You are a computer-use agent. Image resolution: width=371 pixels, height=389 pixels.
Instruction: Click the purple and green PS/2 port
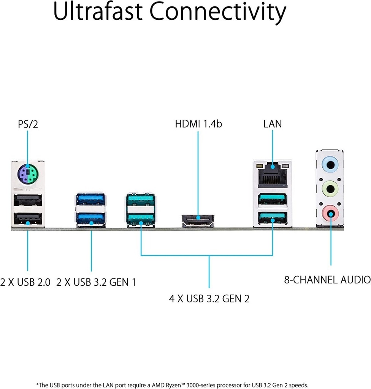(x=28, y=174)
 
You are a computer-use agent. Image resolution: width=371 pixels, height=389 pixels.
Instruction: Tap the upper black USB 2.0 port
(x=28, y=201)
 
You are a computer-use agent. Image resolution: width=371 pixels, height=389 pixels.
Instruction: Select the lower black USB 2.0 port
(x=28, y=219)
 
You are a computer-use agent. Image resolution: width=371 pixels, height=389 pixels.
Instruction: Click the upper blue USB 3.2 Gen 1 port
(x=90, y=199)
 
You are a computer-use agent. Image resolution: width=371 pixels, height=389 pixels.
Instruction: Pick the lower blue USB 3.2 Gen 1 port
(x=90, y=219)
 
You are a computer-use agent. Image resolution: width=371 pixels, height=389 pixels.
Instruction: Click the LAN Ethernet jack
(x=273, y=175)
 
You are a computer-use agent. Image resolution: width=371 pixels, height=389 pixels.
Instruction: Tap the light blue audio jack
(x=330, y=164)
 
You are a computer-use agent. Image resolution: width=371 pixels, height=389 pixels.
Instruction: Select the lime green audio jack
(x=330, y=189)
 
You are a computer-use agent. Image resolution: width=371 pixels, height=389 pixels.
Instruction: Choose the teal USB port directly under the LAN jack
(x=273, y=199)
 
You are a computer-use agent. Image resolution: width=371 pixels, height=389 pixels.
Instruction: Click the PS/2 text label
(x=28, y=124)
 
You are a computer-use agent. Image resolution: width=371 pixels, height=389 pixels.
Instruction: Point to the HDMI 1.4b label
(x=198, y=124)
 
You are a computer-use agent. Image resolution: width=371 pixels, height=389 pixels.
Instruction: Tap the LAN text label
(x=273, y=124)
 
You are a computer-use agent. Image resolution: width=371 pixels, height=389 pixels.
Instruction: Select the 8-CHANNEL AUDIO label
(x=327, y=280)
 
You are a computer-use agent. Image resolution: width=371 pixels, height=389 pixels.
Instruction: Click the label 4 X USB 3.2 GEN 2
(x=209, y=299)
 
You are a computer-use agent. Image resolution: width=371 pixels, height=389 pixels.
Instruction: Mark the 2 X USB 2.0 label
(x=25, y=282)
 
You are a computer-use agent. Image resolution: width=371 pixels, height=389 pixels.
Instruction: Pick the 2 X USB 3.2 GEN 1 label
(x=96, y=282)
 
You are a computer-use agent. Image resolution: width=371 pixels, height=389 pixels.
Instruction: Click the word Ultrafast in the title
(x=98, y=12)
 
